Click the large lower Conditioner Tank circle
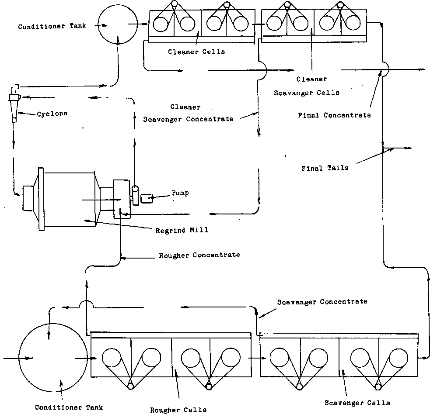point(49,358)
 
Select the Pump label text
point(180,193)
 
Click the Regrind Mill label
point(182,230)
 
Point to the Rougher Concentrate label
point(199,255)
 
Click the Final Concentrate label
point(334,115)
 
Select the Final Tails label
point(325,168)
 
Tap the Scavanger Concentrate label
point(322,302)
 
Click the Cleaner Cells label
point(196,52)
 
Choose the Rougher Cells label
point(178,410)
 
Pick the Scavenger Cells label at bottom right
point(357,403)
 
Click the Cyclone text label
point(52,114)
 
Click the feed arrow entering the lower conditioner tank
point(17,359)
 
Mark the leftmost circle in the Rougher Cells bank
point(112,359)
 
